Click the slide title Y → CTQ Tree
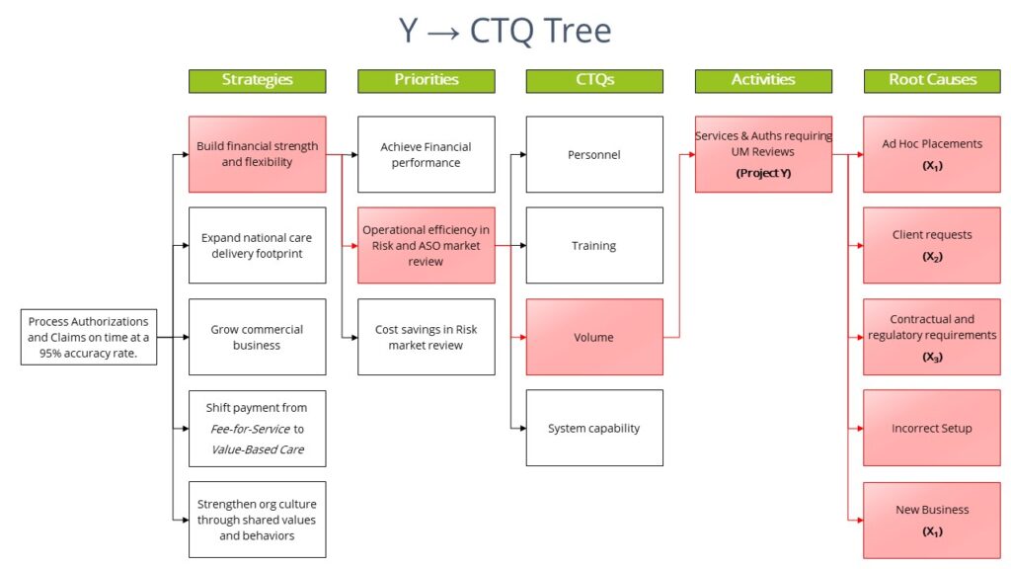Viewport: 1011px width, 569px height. (505, 31)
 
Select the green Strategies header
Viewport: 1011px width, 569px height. (257, 81)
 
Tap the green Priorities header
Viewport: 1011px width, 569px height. (426, 81)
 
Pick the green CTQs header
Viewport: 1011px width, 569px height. (594, 81)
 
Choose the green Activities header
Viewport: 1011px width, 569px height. (763, 81)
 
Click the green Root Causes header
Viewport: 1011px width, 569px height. (932, 81)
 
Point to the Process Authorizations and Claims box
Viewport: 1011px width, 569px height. (89, 337)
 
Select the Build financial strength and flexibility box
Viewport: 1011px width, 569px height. (257, 154)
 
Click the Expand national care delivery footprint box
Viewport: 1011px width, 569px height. (257, 246)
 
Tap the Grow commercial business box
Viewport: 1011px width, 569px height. (257, 337)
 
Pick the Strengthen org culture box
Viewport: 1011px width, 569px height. (257, 520)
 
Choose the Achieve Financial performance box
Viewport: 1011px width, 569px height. (426, 154)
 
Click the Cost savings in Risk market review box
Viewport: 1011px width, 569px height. (426, 337)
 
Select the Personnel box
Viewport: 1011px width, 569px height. (594, 154)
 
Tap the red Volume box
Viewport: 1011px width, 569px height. (594, 337)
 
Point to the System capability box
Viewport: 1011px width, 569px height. (594, 429)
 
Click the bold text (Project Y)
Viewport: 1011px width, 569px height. (763, 173)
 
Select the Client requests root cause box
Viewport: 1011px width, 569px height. (932, 246)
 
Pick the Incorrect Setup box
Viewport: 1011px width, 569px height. (932, 429)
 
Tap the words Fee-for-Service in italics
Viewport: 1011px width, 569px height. (250, 429)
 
